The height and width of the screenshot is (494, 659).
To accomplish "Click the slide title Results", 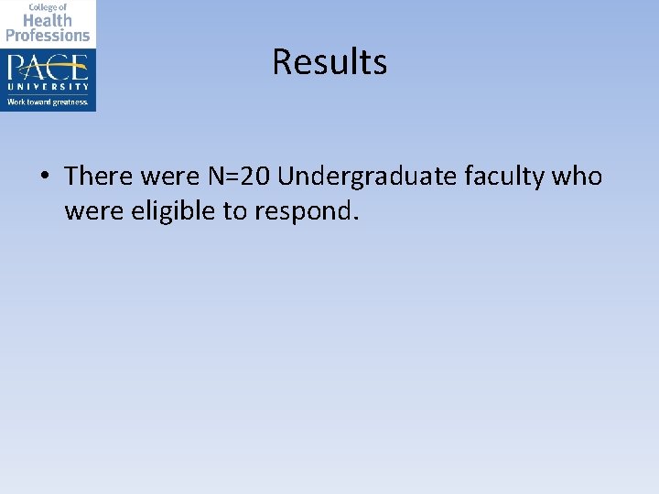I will tap(329, 62).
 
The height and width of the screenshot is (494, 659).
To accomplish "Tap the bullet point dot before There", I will tap(44, 175).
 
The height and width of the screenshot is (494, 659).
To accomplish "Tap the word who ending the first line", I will tap(578, 175).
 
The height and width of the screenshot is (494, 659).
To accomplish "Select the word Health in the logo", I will tap(48, 19).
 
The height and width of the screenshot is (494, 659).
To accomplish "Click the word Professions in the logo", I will tap(48, 35).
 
